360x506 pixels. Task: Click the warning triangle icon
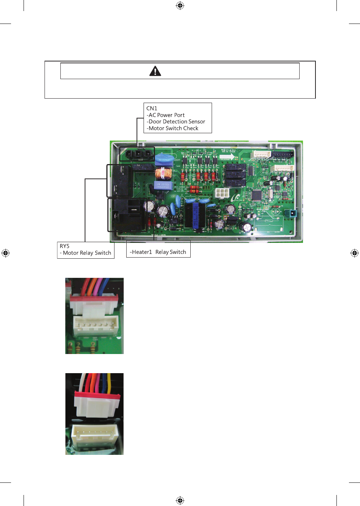point(155,71)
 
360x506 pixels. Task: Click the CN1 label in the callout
point(152,108)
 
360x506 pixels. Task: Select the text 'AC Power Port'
point(166,115)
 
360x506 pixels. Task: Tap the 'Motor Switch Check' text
point(173,128)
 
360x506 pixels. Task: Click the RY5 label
point(64,246)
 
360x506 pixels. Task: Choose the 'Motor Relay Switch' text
point(87,253)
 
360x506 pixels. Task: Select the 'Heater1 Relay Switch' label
point(158,252)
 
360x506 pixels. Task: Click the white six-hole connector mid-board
point(222,193)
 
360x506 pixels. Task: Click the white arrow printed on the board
point(227,157)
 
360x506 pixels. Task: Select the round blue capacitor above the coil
point(164,159)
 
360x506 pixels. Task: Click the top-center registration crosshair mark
point(180,6)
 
